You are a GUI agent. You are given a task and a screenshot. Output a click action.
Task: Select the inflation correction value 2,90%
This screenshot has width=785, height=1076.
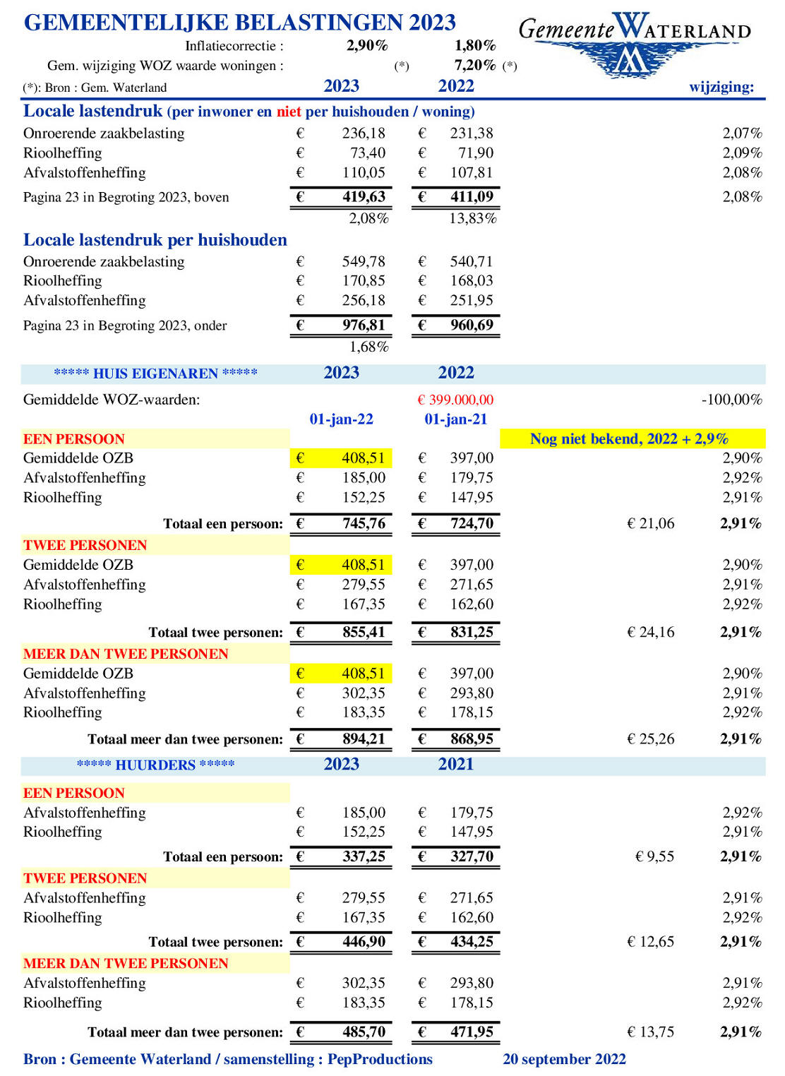(x=367, y=46)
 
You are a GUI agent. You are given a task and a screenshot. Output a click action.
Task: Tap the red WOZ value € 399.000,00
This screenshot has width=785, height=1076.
(x=455, y=400)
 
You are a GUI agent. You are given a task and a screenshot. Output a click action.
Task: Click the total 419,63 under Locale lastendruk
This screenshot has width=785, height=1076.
(x=364, y=197)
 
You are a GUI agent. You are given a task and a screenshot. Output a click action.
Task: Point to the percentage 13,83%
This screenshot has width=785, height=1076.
(x=472, y=219)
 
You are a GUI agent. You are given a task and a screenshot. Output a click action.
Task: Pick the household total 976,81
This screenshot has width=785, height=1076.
(x=364, y=325)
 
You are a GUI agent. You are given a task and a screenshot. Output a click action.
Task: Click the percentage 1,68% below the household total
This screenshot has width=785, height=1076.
(x=368, y=347)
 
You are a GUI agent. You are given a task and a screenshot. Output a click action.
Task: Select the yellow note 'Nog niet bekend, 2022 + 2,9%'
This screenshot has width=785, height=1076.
(x=629, y=439)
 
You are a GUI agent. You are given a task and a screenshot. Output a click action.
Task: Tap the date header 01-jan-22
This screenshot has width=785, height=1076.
(x=341, y=419)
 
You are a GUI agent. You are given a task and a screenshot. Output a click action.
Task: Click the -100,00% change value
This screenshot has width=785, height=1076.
(x=731, y=400)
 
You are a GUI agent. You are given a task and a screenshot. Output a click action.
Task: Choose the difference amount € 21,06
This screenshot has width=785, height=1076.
(x=650, y=524)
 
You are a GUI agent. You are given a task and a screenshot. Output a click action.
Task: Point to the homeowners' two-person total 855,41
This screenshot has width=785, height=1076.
(x=364, y=633)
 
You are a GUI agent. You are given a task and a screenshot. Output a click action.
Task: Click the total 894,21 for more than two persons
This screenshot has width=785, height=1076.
(x=364, y=739)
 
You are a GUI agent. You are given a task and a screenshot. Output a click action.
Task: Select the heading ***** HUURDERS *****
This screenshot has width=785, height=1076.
(x=156, y=765)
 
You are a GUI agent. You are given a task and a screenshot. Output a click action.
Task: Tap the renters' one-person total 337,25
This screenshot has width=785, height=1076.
(x=364, y=857)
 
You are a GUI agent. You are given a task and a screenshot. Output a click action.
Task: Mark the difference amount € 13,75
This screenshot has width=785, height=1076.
(x=650, y=1032)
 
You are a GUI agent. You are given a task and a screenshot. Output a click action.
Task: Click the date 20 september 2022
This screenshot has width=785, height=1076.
(x=564, y=1059)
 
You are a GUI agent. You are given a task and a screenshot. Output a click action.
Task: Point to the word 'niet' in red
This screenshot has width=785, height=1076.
(x=289, y=112)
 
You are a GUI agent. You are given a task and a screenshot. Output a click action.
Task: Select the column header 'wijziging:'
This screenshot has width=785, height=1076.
(x=721, y=87)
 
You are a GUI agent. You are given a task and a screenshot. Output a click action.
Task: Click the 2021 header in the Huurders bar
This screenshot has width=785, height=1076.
(x=455, y=765)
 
